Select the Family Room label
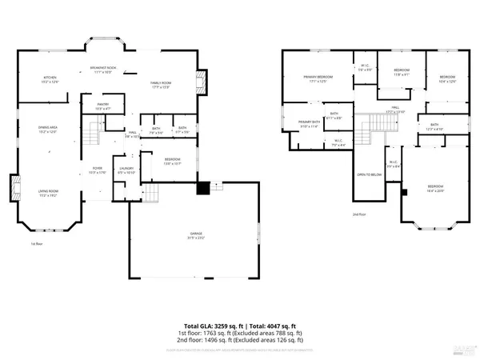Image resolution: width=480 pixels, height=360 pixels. (162, 85)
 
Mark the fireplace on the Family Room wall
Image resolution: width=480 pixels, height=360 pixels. (202, 80)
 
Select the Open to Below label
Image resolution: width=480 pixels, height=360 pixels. (369, 174)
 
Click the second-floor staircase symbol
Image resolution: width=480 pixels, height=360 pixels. (370, 125)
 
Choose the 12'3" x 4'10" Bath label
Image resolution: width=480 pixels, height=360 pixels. (434, 126)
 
